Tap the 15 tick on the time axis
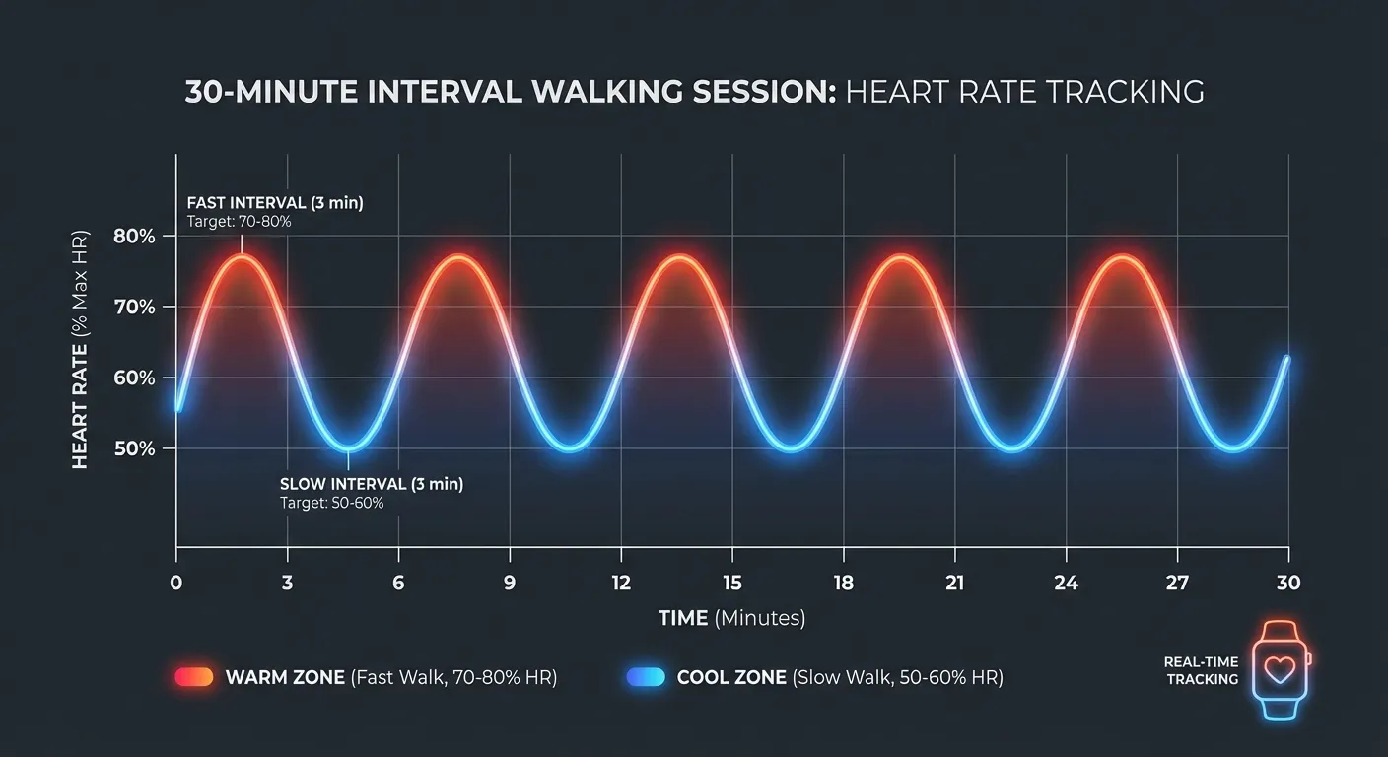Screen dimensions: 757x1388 731,583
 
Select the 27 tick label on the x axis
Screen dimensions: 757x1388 1177,583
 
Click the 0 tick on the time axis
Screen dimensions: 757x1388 176,583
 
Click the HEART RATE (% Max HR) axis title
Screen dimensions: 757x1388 80,350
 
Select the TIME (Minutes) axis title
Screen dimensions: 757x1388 731,618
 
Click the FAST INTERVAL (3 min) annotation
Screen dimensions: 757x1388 274,203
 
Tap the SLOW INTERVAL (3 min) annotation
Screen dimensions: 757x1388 372,484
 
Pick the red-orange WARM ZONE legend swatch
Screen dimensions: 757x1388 194,677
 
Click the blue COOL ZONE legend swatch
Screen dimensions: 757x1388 646,677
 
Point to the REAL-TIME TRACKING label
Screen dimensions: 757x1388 1201,670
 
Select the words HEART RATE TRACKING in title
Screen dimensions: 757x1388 1025,92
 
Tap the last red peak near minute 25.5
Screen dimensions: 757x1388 1120,256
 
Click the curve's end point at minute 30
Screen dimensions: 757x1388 1286,359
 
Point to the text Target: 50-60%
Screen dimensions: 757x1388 331,503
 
